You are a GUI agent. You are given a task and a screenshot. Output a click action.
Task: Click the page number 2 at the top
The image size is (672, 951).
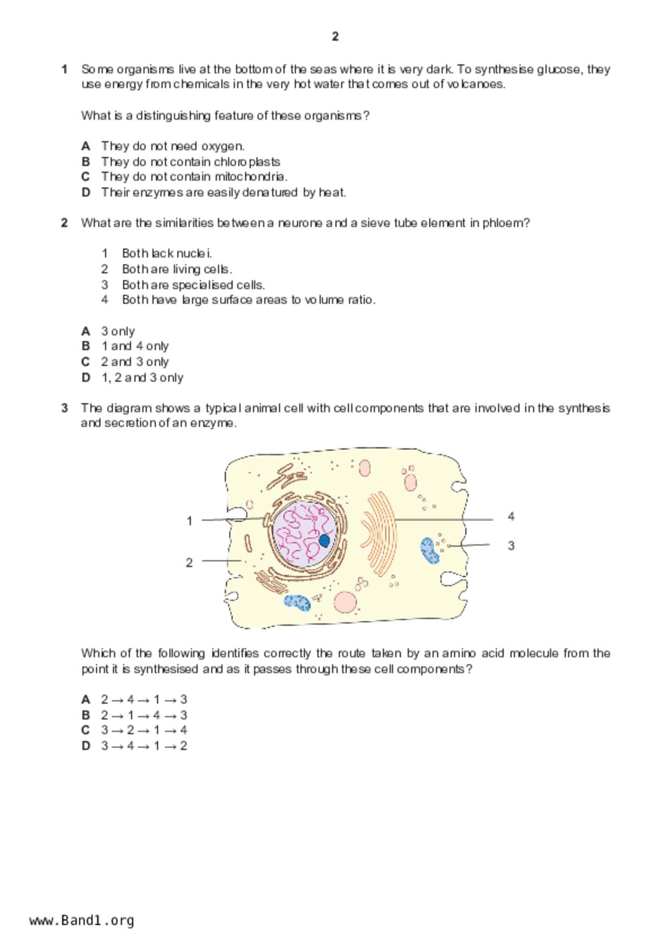335,37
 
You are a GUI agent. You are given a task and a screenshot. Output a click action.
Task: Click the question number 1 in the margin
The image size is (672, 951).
65,69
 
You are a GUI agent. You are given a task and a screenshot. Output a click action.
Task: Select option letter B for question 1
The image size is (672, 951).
86,162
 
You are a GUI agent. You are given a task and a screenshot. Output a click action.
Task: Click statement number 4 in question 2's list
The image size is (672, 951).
105,300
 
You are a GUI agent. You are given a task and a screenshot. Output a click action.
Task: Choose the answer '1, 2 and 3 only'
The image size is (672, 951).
142,377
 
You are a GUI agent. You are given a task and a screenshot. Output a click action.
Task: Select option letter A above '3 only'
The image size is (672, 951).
86,331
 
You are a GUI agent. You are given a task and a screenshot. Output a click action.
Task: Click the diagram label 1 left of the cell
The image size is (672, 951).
189,521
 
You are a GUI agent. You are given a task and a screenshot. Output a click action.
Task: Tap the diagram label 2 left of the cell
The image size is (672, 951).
189,563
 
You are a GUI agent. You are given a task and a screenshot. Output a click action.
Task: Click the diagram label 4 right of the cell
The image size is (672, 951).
511,517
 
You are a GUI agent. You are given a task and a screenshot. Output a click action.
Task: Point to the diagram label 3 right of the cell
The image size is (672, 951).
511,546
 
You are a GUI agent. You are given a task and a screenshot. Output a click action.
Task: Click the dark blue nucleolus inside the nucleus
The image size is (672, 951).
325,541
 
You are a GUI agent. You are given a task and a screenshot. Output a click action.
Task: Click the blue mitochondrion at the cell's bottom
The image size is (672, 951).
297,602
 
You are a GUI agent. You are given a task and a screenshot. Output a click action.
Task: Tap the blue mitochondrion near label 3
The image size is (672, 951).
430,550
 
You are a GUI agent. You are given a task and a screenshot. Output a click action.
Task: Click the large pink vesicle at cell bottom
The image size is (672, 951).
345,602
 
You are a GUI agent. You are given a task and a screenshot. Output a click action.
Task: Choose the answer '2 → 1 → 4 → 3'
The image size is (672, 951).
144,715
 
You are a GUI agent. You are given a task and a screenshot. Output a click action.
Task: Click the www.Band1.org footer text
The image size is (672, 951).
82,921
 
